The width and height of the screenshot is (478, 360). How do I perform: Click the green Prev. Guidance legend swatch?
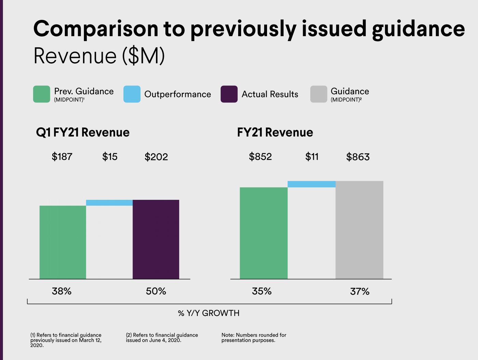pos(41,94)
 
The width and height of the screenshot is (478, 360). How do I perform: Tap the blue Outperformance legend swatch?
pos(132,94)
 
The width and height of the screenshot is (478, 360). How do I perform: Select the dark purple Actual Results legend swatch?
pos(229,94)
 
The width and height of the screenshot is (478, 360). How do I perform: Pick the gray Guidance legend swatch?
pos(319,94)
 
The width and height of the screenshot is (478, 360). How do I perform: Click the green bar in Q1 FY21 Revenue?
pos(63,242)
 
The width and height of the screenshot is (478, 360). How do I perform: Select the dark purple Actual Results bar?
pos(156,240)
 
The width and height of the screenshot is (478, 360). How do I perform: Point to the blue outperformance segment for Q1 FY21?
pos(109,203)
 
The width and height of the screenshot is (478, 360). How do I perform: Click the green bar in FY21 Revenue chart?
pos(264,233)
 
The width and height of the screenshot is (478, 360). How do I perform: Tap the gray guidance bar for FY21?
pos(359,230)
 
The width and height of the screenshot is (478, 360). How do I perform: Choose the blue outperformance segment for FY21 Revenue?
pos(311,184)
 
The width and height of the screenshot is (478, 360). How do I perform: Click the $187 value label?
pos(62,157)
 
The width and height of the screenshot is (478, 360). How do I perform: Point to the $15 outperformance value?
pos(110,157)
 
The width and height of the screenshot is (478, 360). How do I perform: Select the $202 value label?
pos(156,157)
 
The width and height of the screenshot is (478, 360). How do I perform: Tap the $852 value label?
pos(260,157)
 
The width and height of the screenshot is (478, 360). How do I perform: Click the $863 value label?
pos(358,157)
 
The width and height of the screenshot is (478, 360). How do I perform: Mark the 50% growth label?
pos(156,291)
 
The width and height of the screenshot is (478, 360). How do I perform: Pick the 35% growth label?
pos(262,291)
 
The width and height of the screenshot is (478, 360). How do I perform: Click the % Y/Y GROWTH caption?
pos(209,313)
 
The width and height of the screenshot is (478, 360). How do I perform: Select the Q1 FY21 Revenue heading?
pos(83,132)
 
